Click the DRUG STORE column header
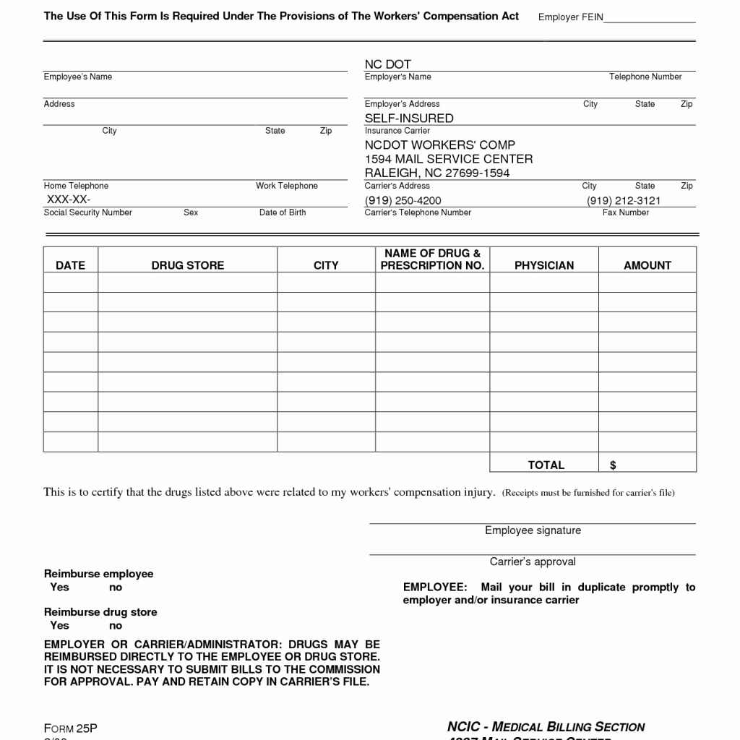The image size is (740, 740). click(x=188, y=265)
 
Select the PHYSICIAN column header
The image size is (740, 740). click(x=544, y=265)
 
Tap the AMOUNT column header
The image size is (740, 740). click(x=647, y=265)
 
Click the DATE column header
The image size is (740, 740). click(x=70, y=265)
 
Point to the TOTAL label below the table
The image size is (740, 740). click(x=546, y=465)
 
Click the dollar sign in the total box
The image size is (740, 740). click(x=613, y=465)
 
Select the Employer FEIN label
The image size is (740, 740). click(x=571, y=17)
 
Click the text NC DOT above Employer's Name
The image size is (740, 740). click(x=388, y=64)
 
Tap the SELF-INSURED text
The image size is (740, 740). click(x=409, y=118)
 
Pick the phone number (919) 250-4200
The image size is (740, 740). click(x=403, y=200)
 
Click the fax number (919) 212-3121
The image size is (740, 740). click(x=624, y=200)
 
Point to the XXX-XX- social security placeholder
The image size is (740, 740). click(x=69, y=199)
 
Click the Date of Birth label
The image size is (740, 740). click(x=283, y=212)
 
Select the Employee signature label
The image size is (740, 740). click(x=533, y=530)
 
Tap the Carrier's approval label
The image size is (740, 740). click(x=533, y=562)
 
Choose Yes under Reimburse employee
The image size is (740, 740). click(x=59, y=587)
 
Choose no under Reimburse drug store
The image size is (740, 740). click(x=116, y=625)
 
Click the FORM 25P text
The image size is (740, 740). click(x=70, y=728)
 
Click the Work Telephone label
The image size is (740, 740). click(x=287, y=186)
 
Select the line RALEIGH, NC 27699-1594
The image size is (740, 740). click(x=437, y=173)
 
